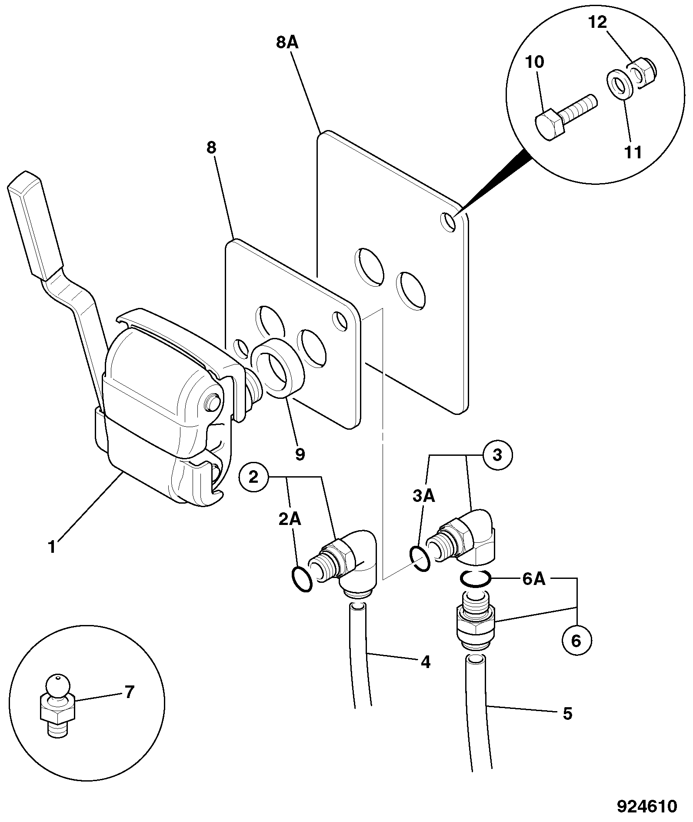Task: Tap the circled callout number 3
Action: click(x=497, y=455)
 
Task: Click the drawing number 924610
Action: click(x=647, y=806)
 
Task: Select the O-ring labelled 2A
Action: click(x=302, y=578)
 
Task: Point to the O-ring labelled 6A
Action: click(x=476, y=578)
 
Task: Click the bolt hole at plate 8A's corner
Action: click(x=448, y=221)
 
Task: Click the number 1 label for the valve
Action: click(x=52, y=547)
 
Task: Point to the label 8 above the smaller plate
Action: click(x=211, y=148)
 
